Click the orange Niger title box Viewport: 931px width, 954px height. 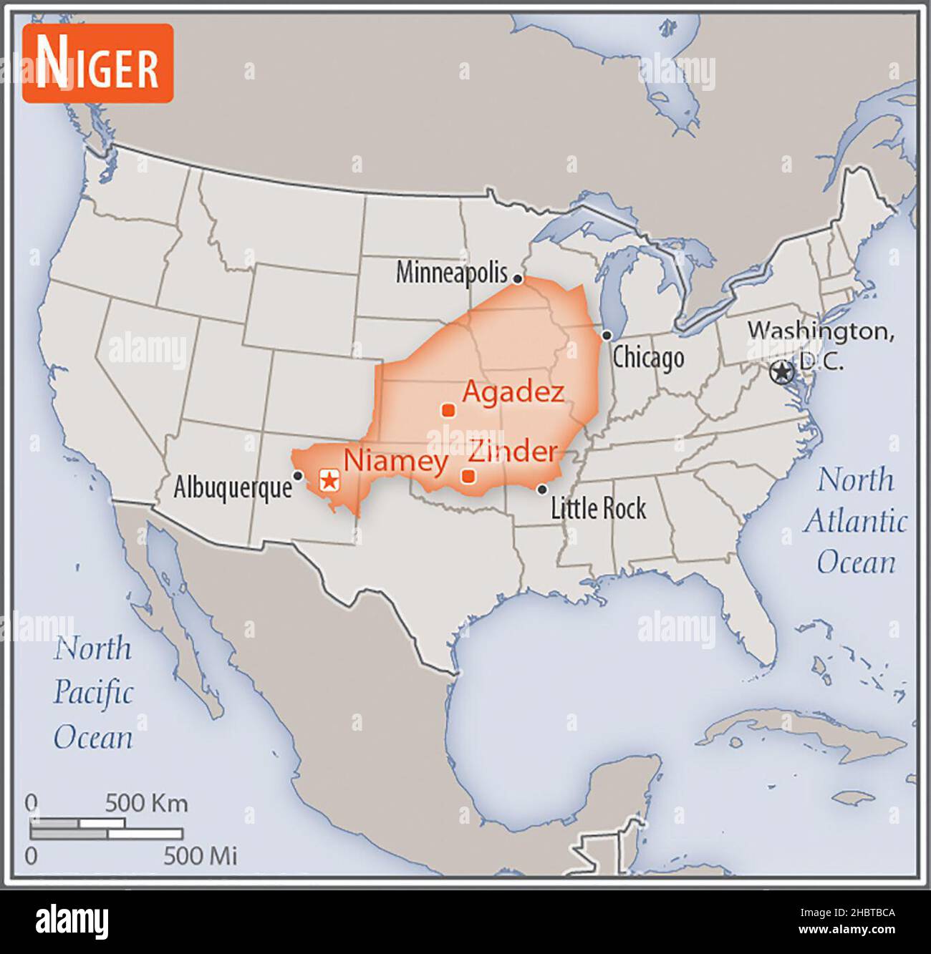[98, 64]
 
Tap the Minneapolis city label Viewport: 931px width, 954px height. [451, 273]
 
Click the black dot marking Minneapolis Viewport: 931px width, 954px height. [518, 279]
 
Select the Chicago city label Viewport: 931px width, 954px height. [648, 358]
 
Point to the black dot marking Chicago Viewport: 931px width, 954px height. [607, 335]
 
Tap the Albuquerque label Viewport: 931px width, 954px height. [233, 488]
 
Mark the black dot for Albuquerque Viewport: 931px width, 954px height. [298, 475]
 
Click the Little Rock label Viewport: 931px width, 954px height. [598, 508]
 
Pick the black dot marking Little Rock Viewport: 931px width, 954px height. [542, 490]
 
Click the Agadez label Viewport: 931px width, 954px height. [513, 391]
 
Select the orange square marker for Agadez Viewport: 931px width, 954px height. [448, 410]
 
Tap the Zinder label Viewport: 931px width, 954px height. [512, 452]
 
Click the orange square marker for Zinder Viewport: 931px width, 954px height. [468, 476]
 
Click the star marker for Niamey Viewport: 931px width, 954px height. [329, 480]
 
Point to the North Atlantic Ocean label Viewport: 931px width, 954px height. [855, 521]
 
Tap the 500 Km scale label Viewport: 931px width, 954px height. [146, 803]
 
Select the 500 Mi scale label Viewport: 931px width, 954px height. [200, 855]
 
